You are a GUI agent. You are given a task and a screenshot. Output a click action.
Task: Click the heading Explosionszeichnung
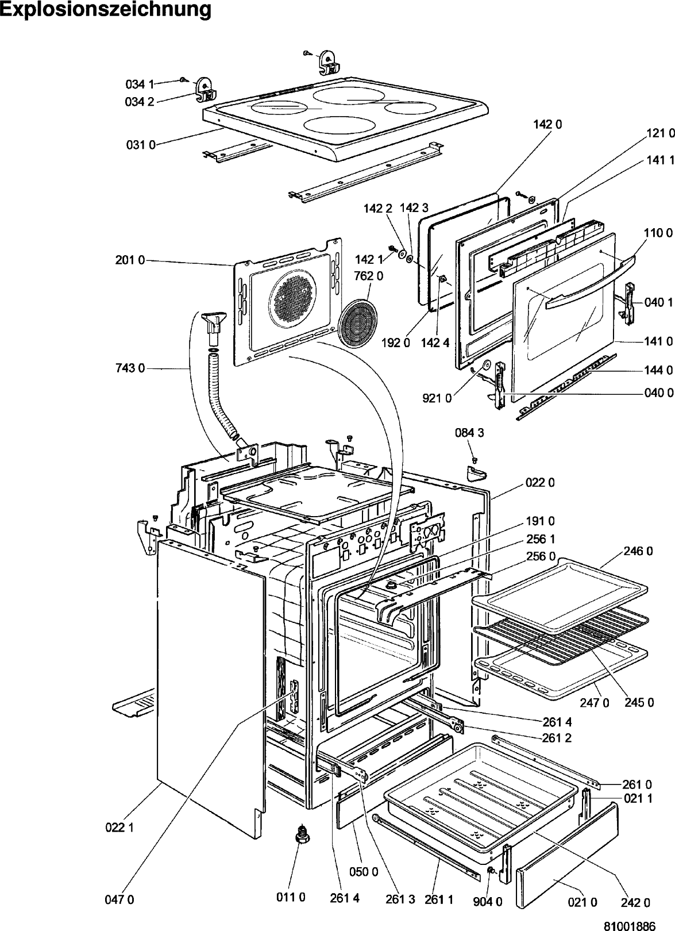[106, 10]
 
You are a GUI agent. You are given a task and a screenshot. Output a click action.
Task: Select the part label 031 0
[140, 145]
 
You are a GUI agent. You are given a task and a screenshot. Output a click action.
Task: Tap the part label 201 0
[130, 260]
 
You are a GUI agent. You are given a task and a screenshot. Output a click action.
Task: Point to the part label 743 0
[130, 368]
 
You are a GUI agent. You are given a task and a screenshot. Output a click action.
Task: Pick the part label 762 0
[368, 275]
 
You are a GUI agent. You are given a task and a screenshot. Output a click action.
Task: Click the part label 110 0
[658, 233]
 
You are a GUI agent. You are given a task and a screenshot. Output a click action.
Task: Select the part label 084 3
[469, 433]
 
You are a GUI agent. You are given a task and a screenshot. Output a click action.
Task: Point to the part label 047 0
[119, 900]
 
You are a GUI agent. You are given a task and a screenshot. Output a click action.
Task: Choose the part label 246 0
[638, 551]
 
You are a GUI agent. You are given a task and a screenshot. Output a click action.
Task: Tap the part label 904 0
[487, 902]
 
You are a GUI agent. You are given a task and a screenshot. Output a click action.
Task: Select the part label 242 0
[635, 902]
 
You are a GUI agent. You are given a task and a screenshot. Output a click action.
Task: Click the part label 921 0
[437, 398]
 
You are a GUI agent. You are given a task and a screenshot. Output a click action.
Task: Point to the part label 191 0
[540, 521]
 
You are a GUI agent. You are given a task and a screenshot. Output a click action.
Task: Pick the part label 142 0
[547, 124]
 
